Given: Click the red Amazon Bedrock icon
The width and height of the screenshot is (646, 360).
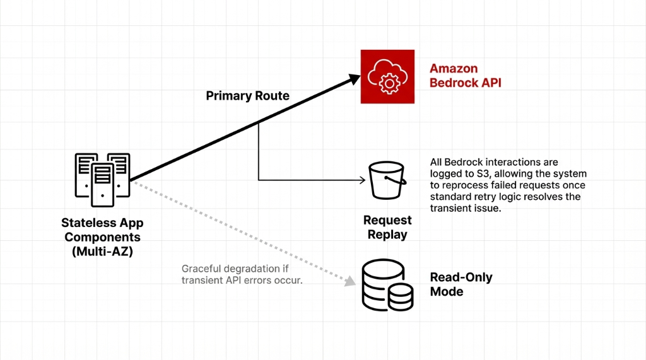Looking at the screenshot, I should pos(387,76).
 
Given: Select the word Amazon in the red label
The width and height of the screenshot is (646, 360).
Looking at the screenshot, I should pos(453,69).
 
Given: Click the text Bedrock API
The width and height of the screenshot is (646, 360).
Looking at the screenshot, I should pos(465,83).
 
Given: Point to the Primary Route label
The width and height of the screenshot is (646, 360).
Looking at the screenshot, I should pos(247,96).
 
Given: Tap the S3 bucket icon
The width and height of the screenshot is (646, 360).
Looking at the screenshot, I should pos(387,180).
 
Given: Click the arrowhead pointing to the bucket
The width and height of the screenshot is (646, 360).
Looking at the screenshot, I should pos(362,180).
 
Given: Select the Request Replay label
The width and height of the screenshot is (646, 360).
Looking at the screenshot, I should pos(387,227).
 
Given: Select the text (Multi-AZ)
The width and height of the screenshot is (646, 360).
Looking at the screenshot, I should pos(102,251).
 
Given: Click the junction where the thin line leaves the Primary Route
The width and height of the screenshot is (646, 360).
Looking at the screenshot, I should pos(259,123).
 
